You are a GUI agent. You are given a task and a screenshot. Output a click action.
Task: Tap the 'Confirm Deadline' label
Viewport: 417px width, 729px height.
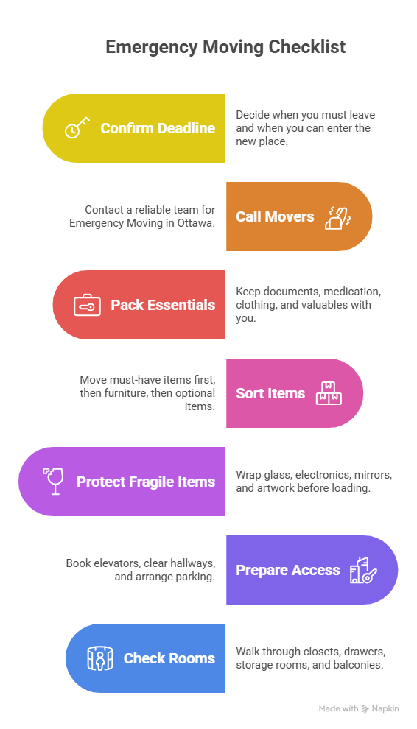(x=158, y=128)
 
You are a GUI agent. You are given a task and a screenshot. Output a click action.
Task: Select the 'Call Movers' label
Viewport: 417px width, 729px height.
(x=275, y=216)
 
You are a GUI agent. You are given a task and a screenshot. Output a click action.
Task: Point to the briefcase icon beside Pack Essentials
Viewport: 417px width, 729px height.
(x=87, y=305)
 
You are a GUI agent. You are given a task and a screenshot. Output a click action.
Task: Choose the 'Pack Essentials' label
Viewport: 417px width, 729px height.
(x=163, y=305)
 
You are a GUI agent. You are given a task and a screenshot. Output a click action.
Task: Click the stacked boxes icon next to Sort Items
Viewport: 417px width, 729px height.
(x=329, y=393)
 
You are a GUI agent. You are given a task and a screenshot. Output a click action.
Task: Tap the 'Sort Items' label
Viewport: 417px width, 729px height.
(x=270, y=393)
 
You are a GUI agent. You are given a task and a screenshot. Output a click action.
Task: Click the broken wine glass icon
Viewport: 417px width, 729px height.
(x=53, y=482)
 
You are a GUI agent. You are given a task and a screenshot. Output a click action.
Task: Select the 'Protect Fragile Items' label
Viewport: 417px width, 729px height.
(x=146, y=482)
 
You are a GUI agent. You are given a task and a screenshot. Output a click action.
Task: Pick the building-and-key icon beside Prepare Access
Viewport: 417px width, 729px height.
(x=363, y=570)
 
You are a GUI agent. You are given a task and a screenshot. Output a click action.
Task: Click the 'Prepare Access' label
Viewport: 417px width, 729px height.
(x=288, y=570)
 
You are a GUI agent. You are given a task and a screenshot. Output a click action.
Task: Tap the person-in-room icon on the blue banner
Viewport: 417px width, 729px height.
(x=100, y=658)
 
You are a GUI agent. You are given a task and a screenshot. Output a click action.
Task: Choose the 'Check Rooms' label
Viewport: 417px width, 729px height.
(x=169, y=658)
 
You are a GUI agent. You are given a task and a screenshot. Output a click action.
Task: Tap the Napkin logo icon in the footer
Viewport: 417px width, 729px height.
(x=365, y=708)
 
